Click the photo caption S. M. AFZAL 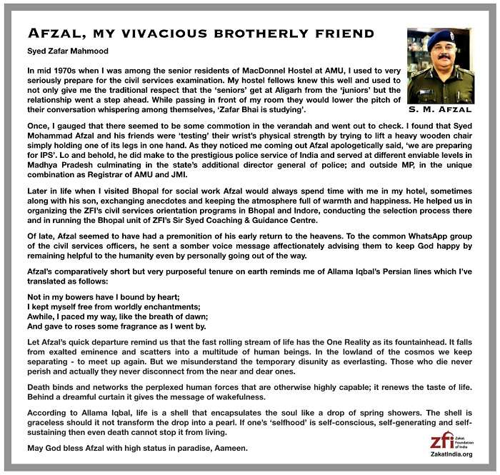click(441, 111)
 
